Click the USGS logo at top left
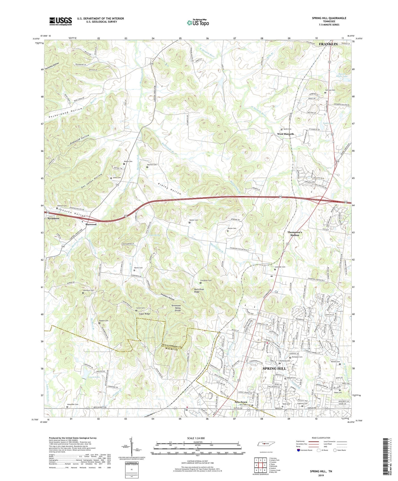(60, 21)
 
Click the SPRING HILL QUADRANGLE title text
(329, 18)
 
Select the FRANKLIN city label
(328, 44)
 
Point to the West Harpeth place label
(285, 134)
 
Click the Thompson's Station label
(295, 233)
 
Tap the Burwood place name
(91, 224)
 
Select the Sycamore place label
(54, 218)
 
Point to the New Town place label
(241, 402)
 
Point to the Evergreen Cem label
(206, 280)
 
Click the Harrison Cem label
(330, 90)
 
